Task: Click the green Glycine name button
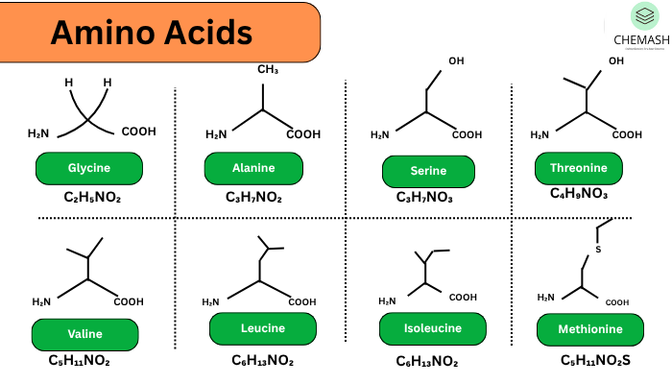coord(88,168)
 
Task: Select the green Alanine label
coord(252,168)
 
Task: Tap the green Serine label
coord(428,171)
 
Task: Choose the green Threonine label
coord(578,168)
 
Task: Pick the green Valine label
coord(84,334)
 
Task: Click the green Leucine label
coord(262,328)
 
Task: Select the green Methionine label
coord(591,330)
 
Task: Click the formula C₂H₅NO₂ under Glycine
coord(92,199)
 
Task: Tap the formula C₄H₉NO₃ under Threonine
coord(579,193)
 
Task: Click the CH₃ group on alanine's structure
coord(267,70)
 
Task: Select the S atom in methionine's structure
coord(597,250)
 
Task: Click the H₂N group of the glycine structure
coord(39,132)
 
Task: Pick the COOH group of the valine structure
coord(128,301)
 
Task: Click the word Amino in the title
coord(98,33)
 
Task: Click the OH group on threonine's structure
coord(614,61)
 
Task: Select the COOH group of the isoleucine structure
coord(463,298)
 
